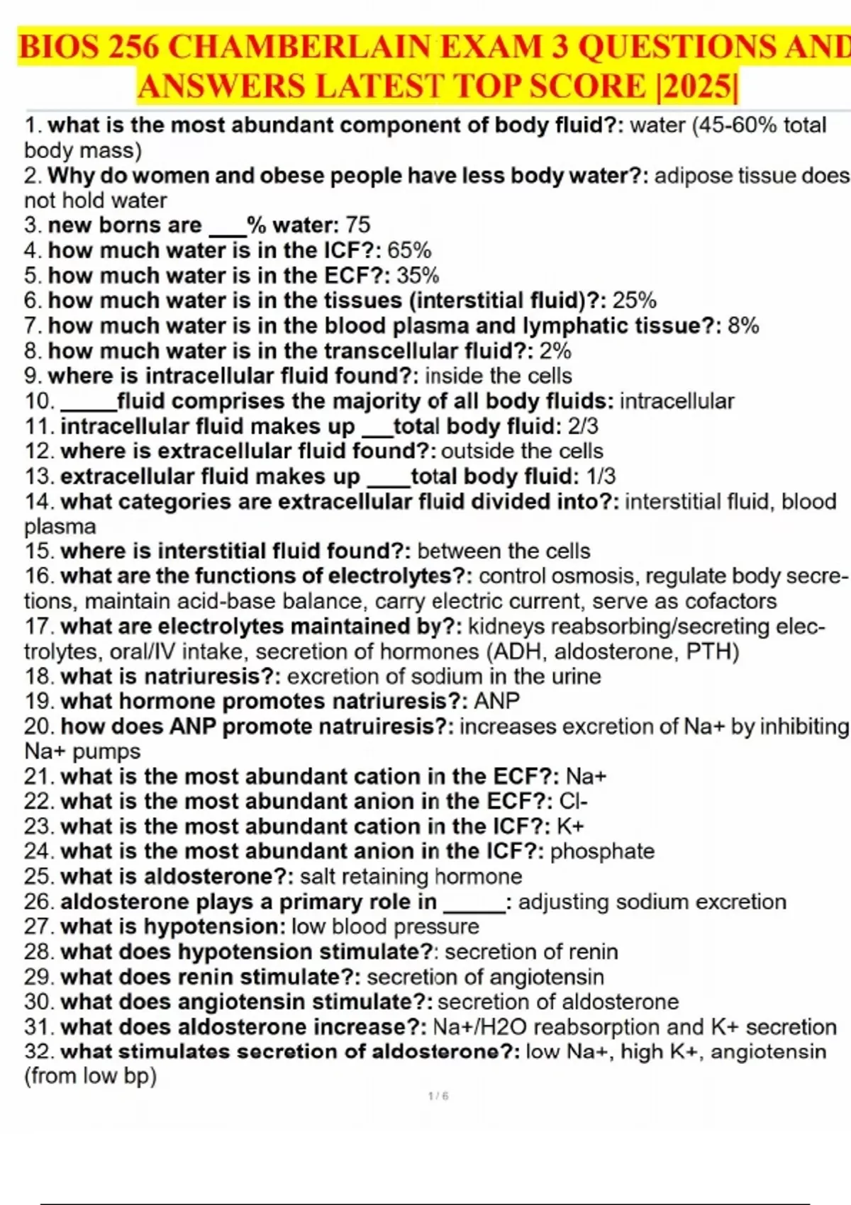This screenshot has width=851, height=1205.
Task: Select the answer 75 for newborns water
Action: (x=358, y=225)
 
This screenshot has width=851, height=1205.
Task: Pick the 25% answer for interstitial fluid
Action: (x=635, y=301)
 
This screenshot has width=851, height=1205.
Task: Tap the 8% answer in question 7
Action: (x=743, y=325)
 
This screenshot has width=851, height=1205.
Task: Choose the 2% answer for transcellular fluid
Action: (x=555, y=351)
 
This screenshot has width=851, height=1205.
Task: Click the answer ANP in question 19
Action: (x=496, y=701)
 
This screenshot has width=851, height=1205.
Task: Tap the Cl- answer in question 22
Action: (x=574, y=802)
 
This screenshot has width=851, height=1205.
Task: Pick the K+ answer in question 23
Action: (x=570, y=826)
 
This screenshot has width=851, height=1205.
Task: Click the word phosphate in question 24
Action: (x=602, y=851)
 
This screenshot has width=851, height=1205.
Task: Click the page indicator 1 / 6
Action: (x=438, y=1096)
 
